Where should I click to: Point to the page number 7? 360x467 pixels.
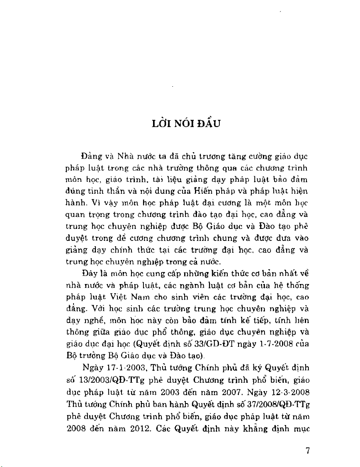(308, 451)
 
